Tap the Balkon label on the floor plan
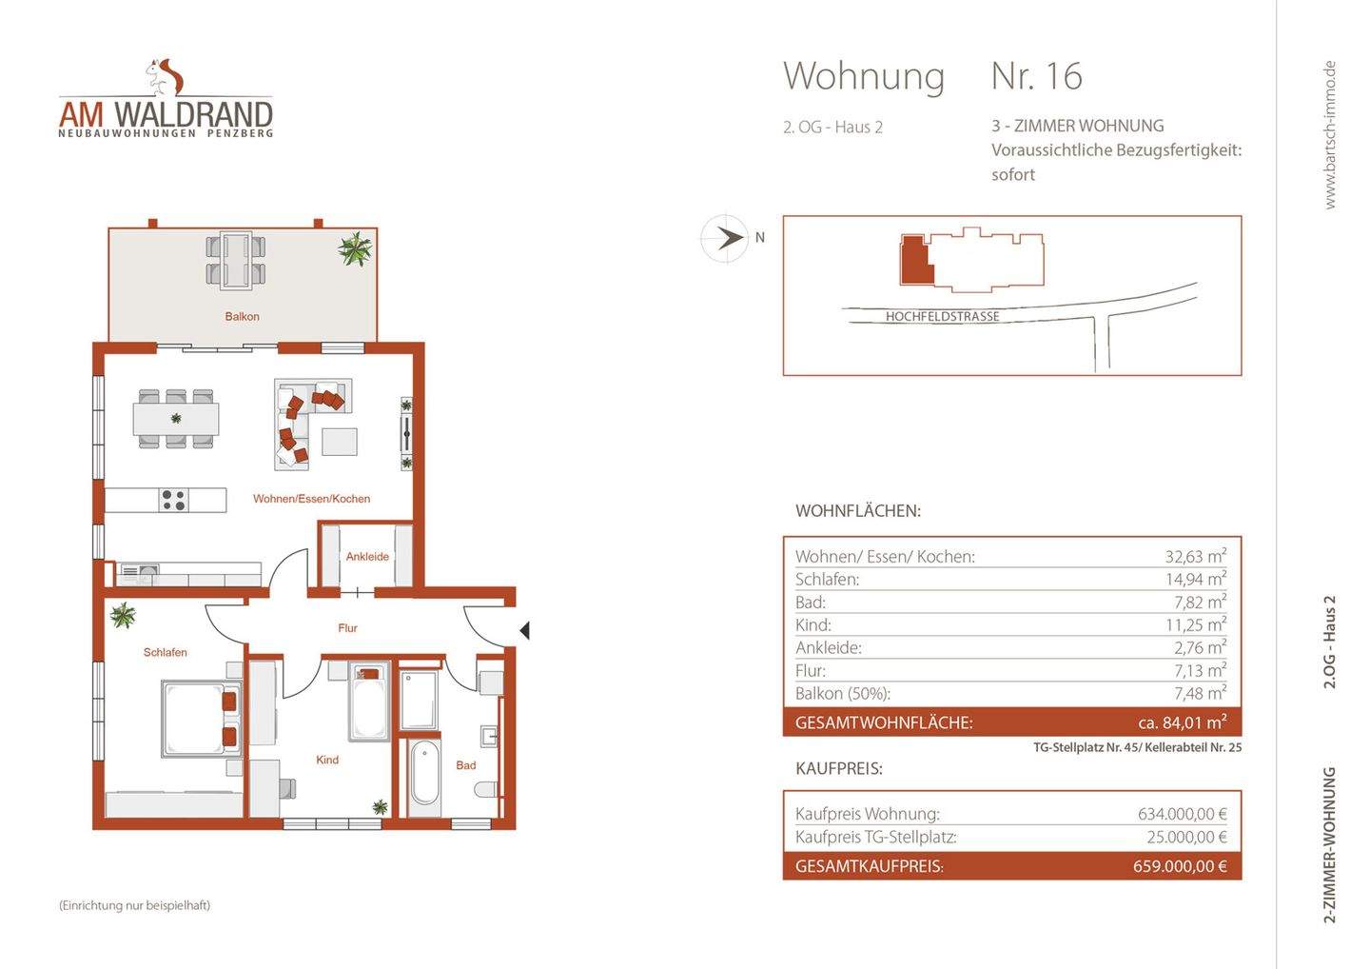[x=242, y=316]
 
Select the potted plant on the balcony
[x=355, y=250]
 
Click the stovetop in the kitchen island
[x=173, y=500]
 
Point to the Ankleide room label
[x=367, y=557]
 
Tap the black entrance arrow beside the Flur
[x=524, y=630]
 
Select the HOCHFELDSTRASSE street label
[x=942, y=317]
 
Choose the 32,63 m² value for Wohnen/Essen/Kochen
[x=1195, y=557]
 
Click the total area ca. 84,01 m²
[x=1182, y=722]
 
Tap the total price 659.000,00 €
[x=1180, y=866]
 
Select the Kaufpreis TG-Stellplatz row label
[x=875, y=838]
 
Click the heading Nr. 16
[x=1036, y=77]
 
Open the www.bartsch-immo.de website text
[x=1330, y=134]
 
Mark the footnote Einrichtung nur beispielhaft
[x=134, y=905]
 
